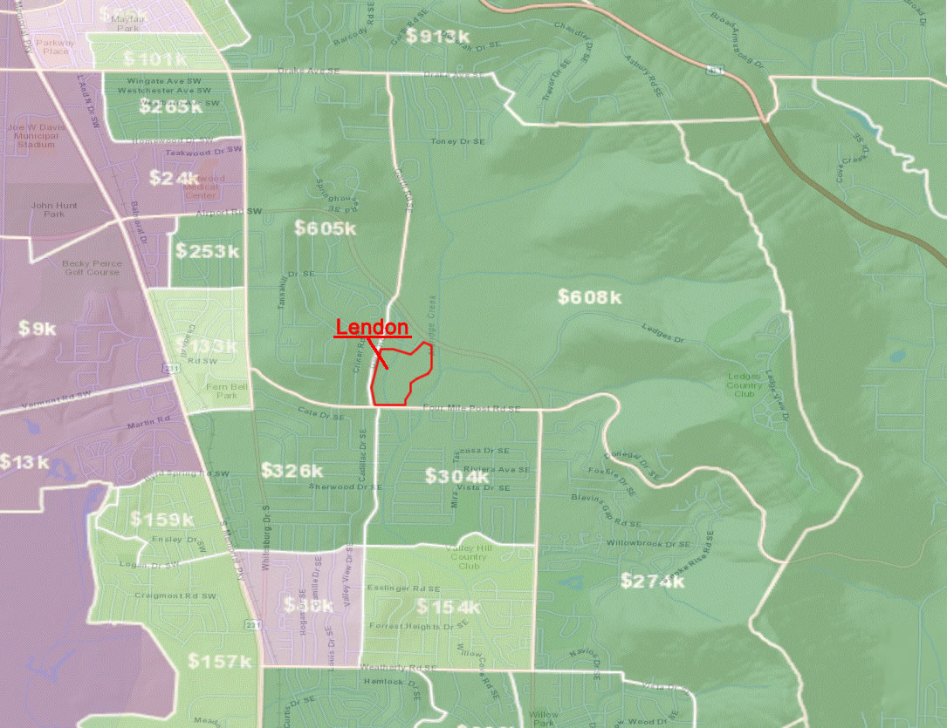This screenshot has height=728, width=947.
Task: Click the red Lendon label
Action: click(x=373, y=328)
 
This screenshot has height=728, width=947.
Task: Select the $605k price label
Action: click(x=325, y=228)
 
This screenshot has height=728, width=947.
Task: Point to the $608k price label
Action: click(x=590, y=297)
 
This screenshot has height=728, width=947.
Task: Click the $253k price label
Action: click(x=207, y=251)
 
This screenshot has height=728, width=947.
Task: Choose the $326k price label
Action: click(x=292, y=471)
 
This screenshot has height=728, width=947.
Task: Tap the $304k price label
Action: click(x=456, y=476)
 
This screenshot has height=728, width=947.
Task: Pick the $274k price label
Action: click(x=652, y=581)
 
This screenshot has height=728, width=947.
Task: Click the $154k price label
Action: click(x=449, y=607)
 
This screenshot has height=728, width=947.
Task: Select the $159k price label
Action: click(x=162, y=520)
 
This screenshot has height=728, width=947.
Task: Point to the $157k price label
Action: click(x=220, y=662)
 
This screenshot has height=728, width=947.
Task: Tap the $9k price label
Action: click(x=38, y=329)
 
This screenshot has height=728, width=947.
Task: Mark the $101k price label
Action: click(x=154, y=59)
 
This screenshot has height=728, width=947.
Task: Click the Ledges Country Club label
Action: click(x=744, y=384)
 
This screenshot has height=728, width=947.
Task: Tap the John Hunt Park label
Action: click(x=48, y=209)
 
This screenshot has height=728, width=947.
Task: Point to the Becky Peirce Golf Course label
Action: click(x=91, y=267)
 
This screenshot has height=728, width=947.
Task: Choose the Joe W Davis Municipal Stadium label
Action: click(x=35, y=135)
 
